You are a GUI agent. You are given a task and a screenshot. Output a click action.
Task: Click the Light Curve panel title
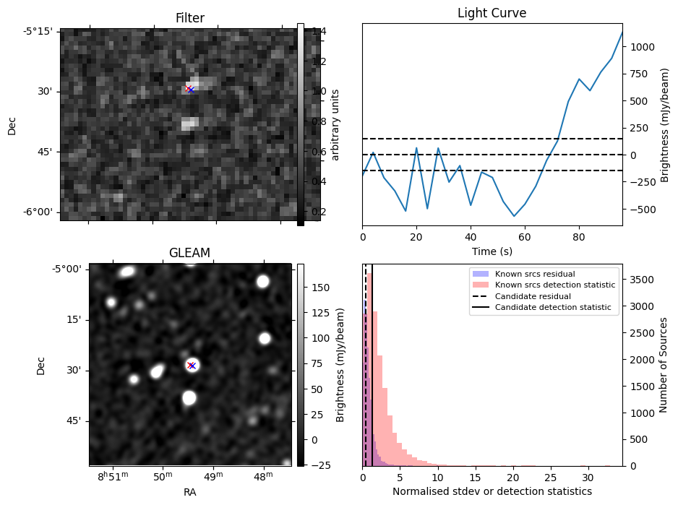(492, 13)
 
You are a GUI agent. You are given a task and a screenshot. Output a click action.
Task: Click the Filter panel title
(190, 18)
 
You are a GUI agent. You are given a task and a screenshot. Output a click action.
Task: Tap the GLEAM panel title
(189, 253)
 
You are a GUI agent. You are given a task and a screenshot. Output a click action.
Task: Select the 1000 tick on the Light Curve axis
(642, 47)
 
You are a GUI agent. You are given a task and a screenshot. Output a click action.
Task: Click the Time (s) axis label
(492, 250)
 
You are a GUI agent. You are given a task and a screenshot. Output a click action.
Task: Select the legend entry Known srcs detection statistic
(555, 285)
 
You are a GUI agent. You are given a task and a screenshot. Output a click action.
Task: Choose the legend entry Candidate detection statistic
(552, 308)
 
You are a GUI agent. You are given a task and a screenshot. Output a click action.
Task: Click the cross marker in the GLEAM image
(191, 366)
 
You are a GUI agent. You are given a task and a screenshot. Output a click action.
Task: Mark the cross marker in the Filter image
(189, 89)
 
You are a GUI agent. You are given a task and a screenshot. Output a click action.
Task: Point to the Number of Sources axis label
(663, 365)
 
